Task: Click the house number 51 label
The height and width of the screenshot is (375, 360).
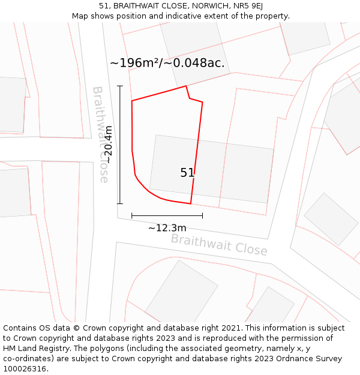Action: pyautogui.click(x=187, y=173)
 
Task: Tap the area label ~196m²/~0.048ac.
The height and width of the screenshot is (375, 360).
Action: pyautogui.click(x=167, y=63)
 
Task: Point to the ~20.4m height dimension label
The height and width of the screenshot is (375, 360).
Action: pyautogui.click(x=108, y=145)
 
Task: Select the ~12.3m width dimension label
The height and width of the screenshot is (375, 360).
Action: pyautogui.click(x=167, y=228)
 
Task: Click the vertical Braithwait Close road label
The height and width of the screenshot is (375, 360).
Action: pyautogui.click(x=100, y=134)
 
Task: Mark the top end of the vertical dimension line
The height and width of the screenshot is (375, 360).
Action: pyautogui.click(x=120, y=86)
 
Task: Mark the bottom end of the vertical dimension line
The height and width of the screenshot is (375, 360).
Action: pyautogui.click(x=120, y=204)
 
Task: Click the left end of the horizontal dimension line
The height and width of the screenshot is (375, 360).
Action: pyautogui.click(x=131, y=215)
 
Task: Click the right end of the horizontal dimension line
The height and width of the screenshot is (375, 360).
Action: pyautogui.click(x=202, y=215)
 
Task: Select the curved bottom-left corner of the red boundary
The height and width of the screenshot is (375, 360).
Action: pyautogui.click(x=143, y=185)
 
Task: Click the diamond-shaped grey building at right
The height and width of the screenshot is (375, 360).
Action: pyautogui.click(x=331, y=219)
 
